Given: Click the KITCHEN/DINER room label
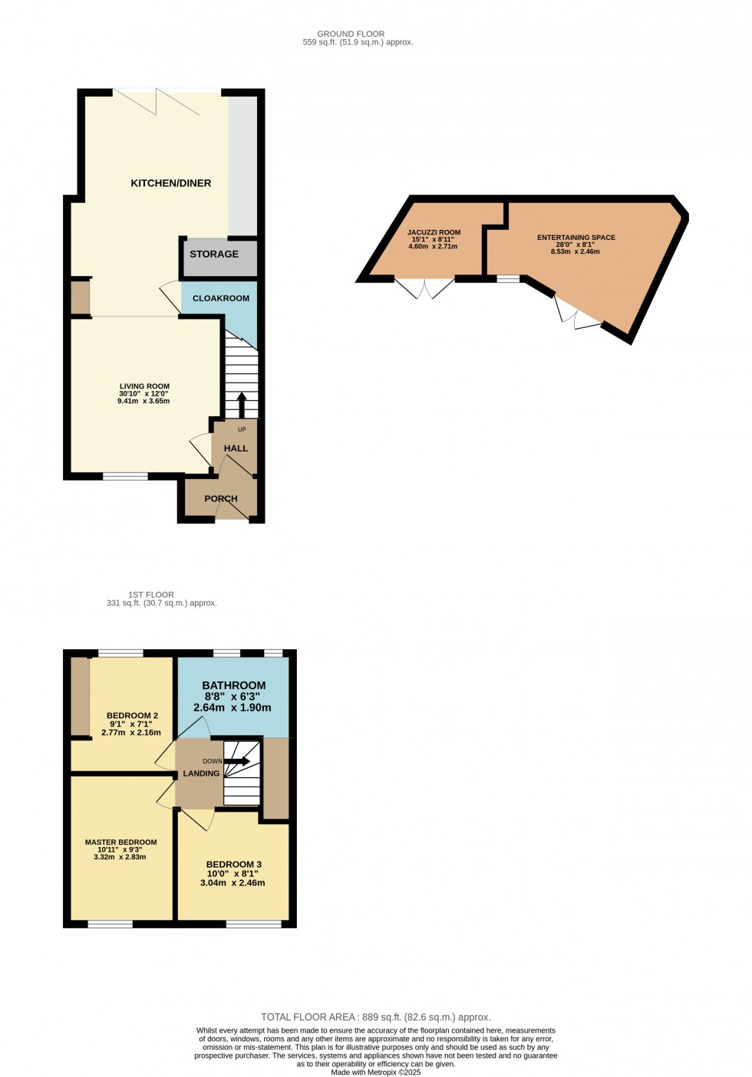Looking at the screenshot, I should tap(170, 183).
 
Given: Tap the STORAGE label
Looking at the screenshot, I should tap(214, 254).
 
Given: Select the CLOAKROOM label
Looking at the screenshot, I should tap(221, 298).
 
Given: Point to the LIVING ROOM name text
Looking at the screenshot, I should tap(144, 386).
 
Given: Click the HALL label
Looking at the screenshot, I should tap(236, 448).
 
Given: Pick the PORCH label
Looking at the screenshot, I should tap(221, 498).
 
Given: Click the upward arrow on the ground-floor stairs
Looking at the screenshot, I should tap(242, 404).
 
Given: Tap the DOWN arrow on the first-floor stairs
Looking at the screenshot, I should tap(237, 761).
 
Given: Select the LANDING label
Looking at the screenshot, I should tap(201, 773).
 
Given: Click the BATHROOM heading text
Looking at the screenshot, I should tap(234, 685).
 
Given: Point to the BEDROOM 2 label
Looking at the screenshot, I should tap(132, 715).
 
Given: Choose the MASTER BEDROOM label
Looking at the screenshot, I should tap(120, 842).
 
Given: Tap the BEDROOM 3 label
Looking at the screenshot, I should tap(234, 864).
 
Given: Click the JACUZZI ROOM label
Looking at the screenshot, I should tap(434, 232).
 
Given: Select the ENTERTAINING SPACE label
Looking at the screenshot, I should tap(576, 238).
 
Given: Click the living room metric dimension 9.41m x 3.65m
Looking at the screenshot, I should tap(143, 401).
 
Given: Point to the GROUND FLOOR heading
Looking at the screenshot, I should tap(351, 34).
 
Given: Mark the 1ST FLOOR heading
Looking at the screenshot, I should tap(151, 595).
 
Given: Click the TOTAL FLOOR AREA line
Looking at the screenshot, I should tap(375, 1017).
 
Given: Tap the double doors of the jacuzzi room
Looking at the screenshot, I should tap(424, 287).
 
